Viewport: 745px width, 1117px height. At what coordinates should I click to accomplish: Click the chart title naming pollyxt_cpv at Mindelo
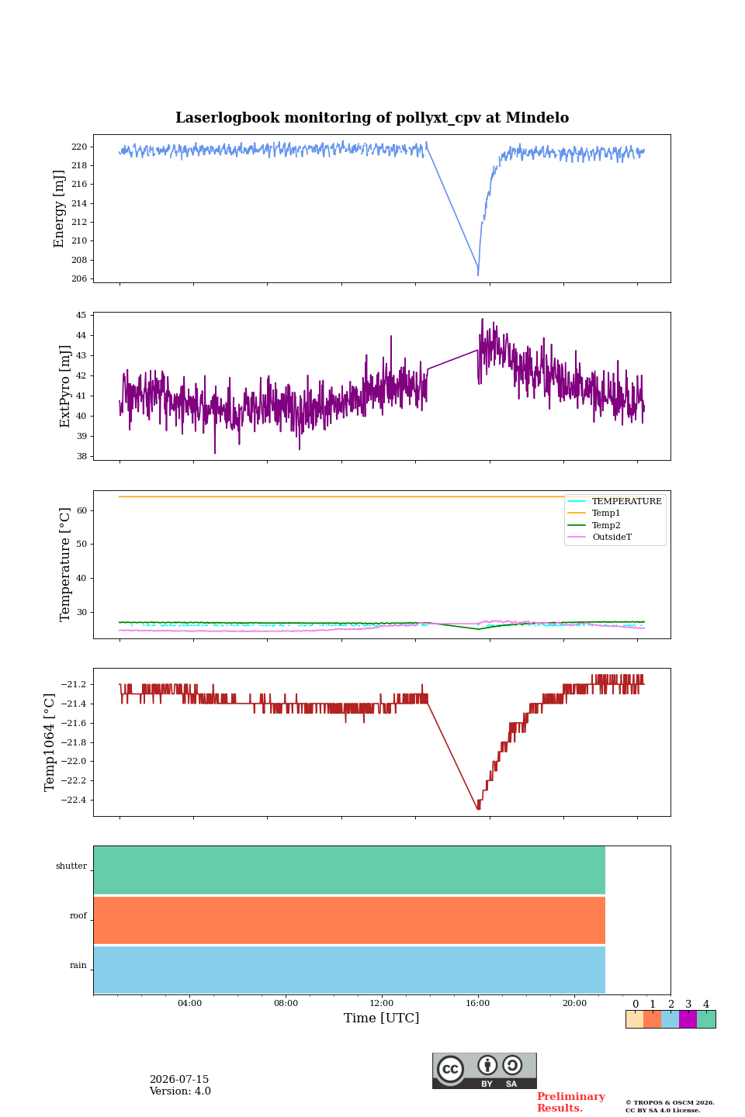pos(372,118)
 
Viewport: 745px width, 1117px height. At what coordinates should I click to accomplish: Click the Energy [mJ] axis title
pos(59,209)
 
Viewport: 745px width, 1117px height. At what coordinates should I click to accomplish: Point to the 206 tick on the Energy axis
pos(79,278)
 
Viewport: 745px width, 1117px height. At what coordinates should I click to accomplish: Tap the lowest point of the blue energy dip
pos(478,275)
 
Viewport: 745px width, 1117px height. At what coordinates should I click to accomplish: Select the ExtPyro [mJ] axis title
pos(65,386)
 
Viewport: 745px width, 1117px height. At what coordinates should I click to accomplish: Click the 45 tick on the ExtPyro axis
pos(81,315)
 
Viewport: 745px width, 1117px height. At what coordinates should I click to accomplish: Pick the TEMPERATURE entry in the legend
pos(626,501)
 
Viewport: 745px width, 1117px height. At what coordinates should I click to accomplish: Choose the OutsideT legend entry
pos(612,537)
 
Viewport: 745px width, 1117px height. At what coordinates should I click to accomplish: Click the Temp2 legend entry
pos(606,525)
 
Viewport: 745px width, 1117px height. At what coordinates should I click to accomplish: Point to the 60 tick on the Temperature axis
pos(81,510)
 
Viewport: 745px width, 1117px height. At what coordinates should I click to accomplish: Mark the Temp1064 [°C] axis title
pos(49,742)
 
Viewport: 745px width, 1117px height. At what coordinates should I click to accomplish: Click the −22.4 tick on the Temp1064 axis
pos(74,799)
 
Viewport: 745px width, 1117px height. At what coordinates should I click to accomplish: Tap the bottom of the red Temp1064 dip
pos(479,808)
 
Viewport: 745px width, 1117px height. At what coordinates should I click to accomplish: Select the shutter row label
pos(71,865)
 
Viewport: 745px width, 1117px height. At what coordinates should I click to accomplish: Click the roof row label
pos(78,915)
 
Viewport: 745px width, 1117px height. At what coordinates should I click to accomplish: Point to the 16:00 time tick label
pos(477,1003)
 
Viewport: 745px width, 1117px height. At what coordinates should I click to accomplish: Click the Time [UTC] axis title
pos(381,1018)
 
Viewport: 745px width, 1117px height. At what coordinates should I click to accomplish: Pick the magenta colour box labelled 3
pos(688,1019)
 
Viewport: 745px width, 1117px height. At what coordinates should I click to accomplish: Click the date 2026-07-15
pos(179,1079)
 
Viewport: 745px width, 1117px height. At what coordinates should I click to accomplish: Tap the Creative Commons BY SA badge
pos(484,1070)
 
